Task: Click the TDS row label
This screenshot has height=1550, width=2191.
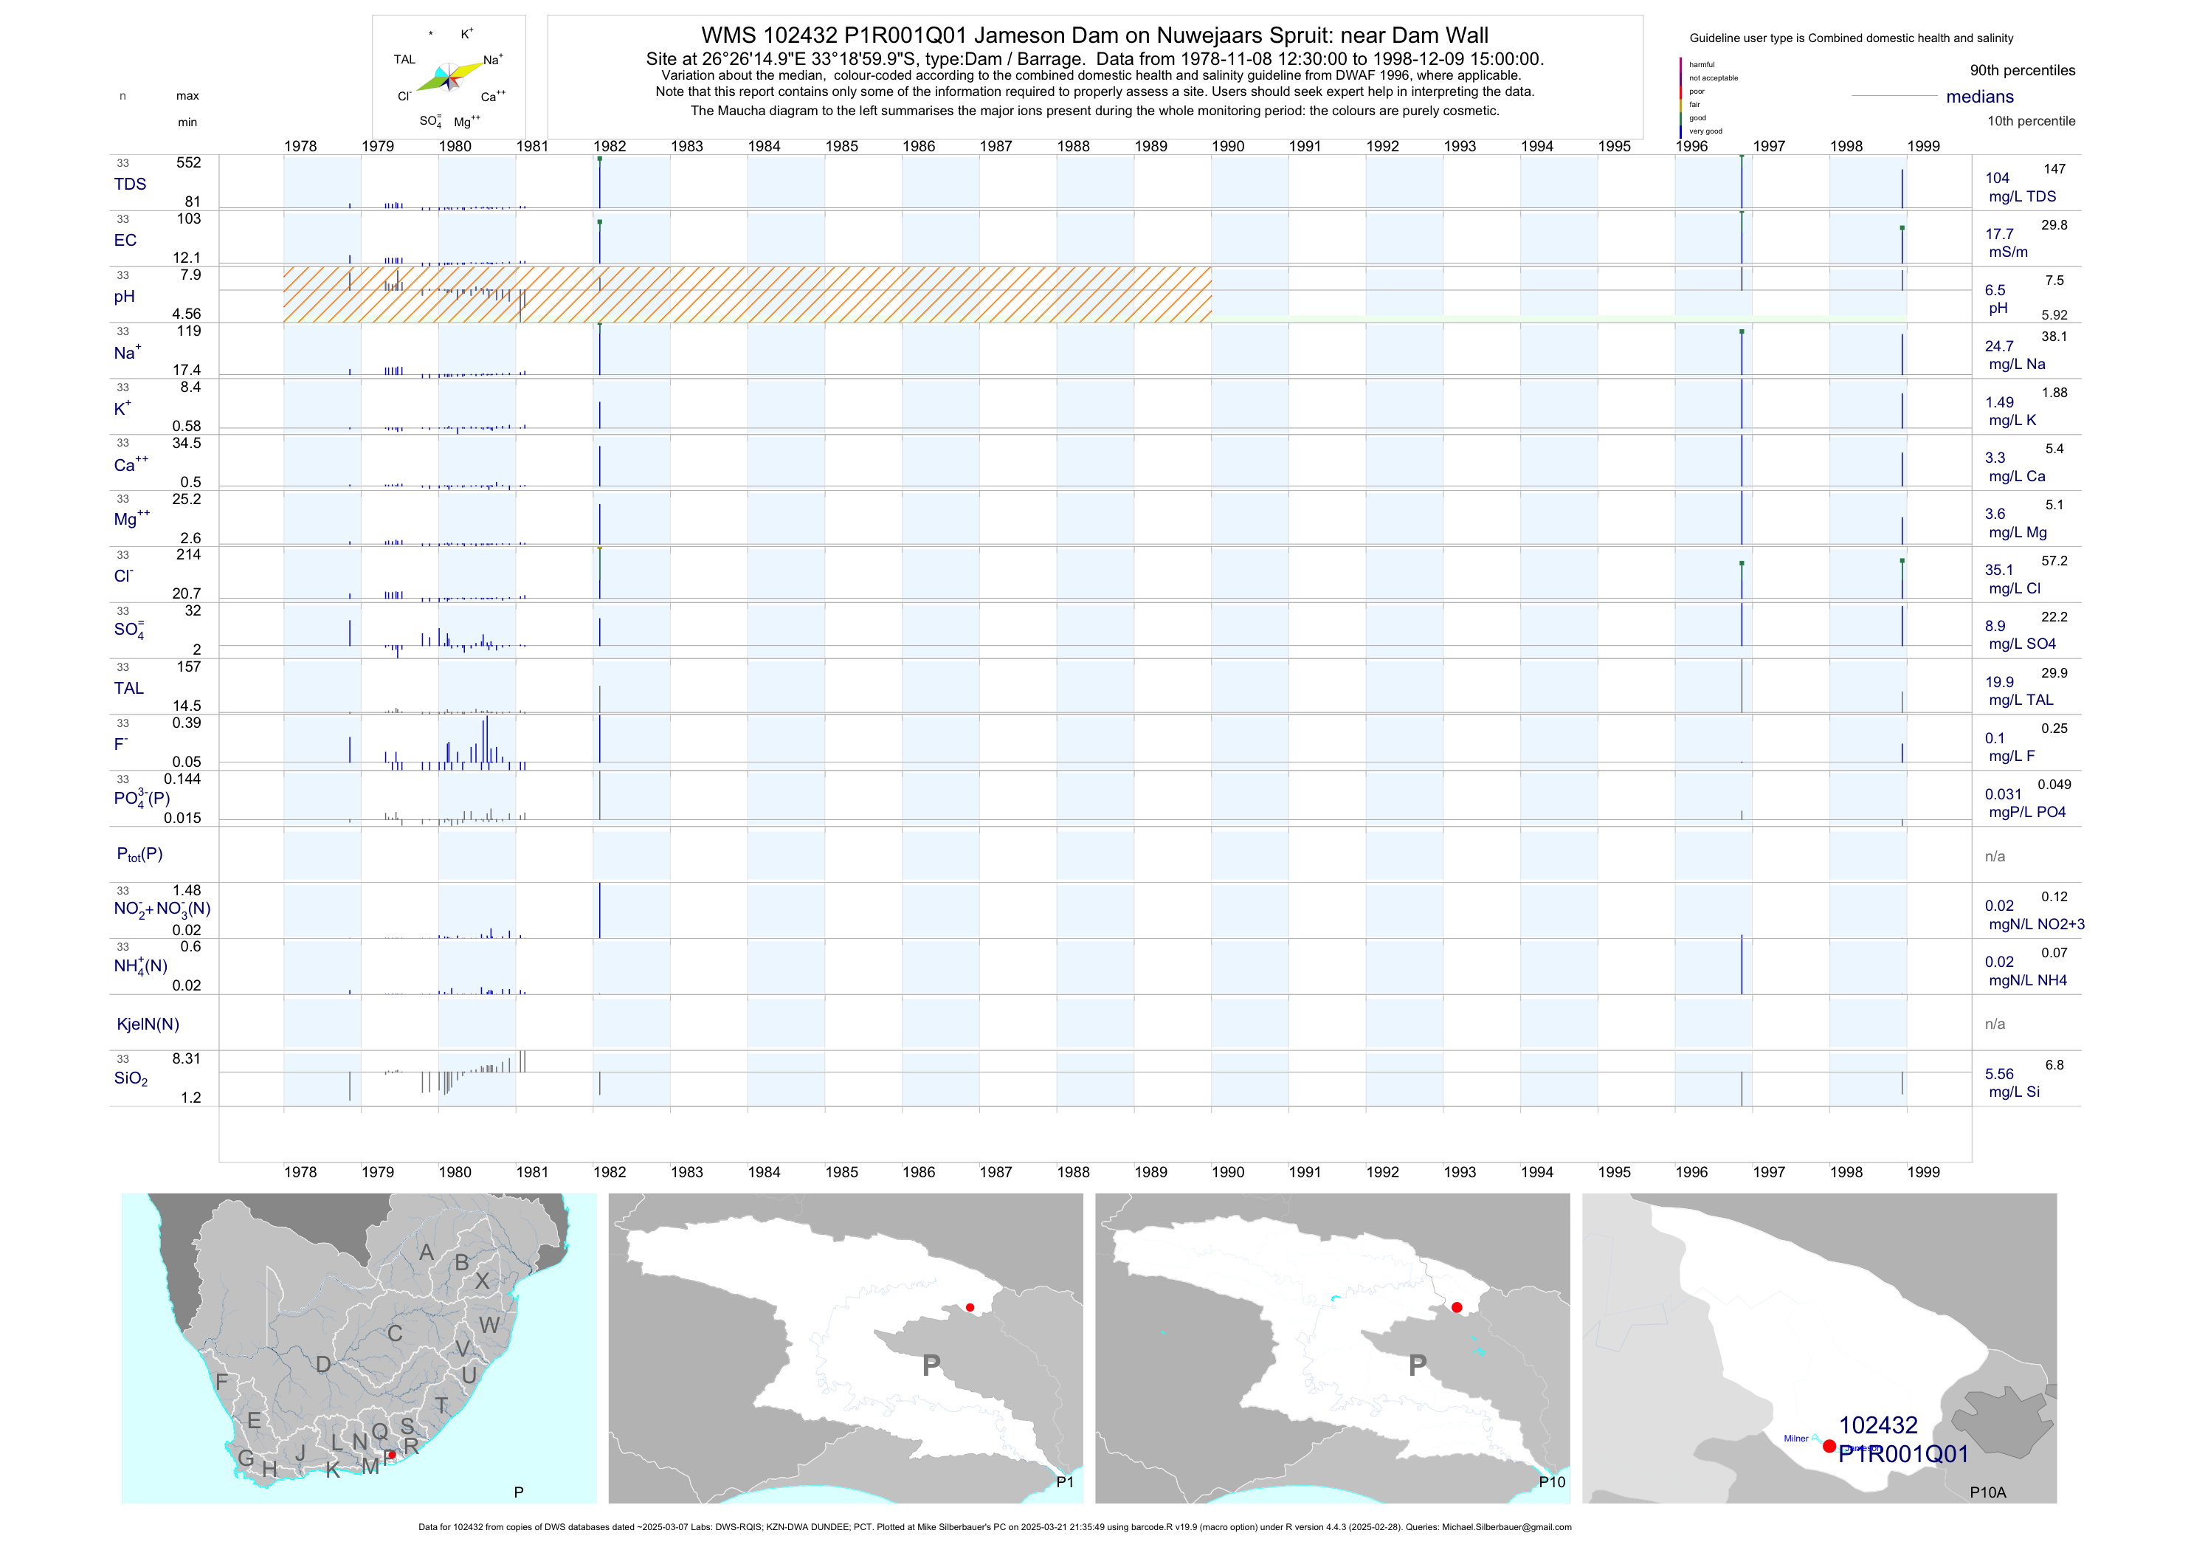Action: [130, 185]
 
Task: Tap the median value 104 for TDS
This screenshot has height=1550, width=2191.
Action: [1997, 179]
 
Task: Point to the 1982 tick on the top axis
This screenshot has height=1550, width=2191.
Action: [610, 146]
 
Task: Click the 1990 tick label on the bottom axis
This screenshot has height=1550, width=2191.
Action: [1227, 1172]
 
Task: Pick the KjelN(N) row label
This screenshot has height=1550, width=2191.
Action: [148, 1024]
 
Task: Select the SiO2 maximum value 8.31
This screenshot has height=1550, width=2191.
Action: [186, 1058]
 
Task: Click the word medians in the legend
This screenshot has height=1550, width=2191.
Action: [1980, 97]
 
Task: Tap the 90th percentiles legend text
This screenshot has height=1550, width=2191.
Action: [2022, 71]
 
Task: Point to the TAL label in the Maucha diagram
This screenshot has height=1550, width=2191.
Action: [404, 59]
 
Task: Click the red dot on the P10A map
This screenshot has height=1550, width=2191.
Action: [1829, 1446]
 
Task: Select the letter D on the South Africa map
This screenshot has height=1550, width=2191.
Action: [323, 1365]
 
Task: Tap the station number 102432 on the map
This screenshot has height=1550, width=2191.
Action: [1877, 1425]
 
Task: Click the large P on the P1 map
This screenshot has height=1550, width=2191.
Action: [931, 1365]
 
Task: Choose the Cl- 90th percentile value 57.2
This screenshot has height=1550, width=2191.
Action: [2054, 561]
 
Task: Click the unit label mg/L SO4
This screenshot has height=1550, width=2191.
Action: [2022, 644]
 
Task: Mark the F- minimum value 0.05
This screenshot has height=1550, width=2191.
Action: [186, 762]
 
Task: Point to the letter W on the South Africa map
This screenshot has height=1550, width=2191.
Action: [489, 1325]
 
